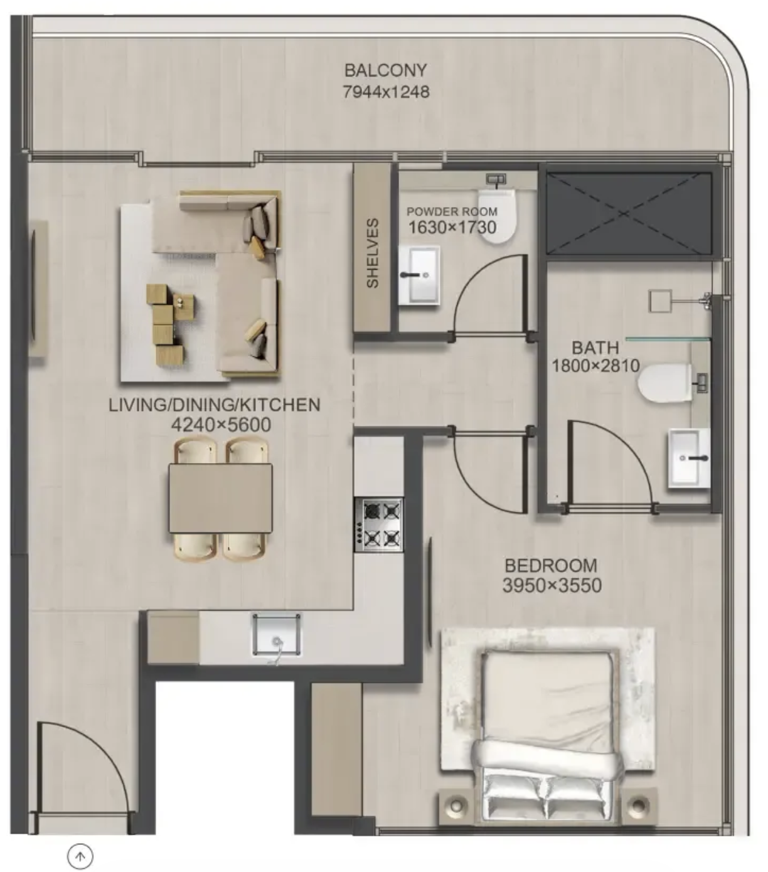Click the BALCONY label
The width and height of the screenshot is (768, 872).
[386, 70]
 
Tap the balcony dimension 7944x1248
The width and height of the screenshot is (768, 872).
[386, 92]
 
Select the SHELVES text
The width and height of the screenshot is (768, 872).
[372, 253]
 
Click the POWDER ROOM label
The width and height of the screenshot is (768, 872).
[452, 212]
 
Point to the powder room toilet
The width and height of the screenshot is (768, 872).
[497, 215]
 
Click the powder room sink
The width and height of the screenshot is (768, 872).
[419, 275]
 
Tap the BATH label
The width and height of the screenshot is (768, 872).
[595, 348]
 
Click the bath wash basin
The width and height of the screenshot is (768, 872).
[688, 459]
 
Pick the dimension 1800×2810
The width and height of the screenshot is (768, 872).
[595, 366]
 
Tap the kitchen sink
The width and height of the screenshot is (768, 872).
[277, 635]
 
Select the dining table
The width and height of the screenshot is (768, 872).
[220, 498]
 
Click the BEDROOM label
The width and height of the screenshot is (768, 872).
[551, 566]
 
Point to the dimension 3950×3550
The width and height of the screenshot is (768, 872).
[552, 586]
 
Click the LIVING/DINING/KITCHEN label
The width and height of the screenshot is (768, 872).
[215, 405]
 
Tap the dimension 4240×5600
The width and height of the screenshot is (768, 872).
[221, 425]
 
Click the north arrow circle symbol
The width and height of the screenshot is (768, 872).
[80, 856]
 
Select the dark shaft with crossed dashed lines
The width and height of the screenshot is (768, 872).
[629, 213]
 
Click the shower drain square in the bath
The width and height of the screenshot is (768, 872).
[660, 301]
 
